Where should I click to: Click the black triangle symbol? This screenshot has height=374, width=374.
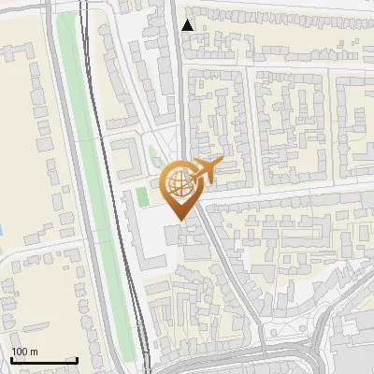coord(188,25)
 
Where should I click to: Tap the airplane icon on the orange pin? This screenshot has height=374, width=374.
coord(206,169)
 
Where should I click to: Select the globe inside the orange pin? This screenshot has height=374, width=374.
coord(180,182)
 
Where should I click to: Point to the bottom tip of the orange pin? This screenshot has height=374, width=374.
coord(180,221)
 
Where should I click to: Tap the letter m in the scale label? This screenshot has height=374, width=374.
coord(36,352)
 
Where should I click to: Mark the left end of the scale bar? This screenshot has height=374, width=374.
coord(12,361)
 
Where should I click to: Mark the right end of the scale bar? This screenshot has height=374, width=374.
coord(76,361)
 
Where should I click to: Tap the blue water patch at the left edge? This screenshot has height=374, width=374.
coord(2,229)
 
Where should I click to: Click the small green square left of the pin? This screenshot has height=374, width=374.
coord(142,197)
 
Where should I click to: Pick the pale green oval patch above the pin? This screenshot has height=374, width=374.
coord(153,157)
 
